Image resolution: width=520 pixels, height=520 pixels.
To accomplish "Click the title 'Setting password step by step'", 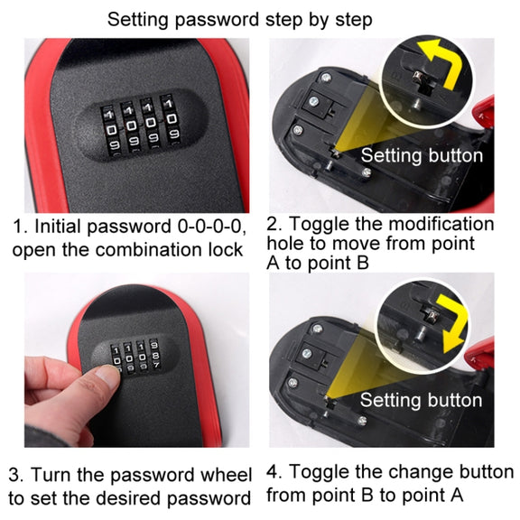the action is (x=239, y=20).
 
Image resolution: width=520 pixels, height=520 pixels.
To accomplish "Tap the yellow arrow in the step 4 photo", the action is (x=453, y=324).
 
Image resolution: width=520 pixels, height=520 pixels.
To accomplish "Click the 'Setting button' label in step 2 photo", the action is (x=422, y=155).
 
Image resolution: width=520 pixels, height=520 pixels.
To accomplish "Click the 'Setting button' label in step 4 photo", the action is (x=422, y=400).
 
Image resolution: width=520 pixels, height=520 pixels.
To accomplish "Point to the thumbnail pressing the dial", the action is (x=107, y=376).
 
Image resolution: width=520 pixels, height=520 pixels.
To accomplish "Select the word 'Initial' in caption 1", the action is (x=58, y=227).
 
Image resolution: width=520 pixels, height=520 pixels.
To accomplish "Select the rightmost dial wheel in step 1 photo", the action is (x=171, y=120).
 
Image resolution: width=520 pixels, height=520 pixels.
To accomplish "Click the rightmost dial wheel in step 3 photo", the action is (x=154, y=354).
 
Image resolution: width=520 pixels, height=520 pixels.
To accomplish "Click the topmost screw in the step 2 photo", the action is (x=326, y=79).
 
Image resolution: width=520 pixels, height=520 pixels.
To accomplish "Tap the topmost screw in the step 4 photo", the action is (x=318, y=330).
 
